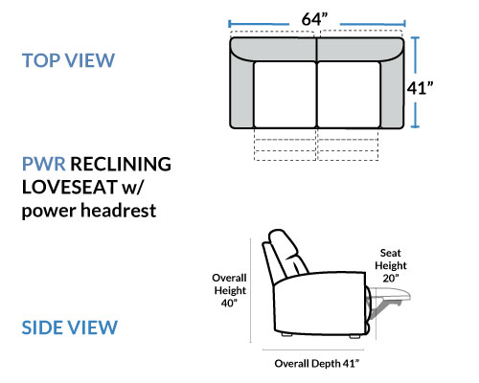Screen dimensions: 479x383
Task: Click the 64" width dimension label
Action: coord(314,19)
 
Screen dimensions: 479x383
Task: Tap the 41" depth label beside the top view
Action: coord(420,88)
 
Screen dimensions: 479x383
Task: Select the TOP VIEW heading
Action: coord(68,60)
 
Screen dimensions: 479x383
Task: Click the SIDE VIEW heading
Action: coord(70,327)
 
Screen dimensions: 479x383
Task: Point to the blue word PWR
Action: coord(44,164)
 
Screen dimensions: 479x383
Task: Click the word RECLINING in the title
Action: coord(121,164)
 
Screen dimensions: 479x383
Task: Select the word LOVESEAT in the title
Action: coord(70,187)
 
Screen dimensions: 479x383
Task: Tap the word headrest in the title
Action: coord(119,211)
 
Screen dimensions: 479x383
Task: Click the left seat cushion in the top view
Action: coord(285,95)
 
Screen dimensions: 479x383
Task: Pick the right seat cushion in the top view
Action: coord(349,95)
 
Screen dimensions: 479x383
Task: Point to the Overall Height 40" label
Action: coord(230,290)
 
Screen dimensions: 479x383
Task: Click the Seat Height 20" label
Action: coord(391,265)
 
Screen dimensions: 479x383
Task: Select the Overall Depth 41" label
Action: coord(316,364)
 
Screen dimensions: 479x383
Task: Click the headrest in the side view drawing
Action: coord(283,246)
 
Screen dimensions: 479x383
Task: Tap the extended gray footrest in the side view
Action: coord(391,295)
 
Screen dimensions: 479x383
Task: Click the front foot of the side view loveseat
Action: coord(354,336)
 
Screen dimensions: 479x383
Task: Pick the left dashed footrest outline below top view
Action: coord(285,145)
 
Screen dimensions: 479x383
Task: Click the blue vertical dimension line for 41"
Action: coord(415,82)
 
